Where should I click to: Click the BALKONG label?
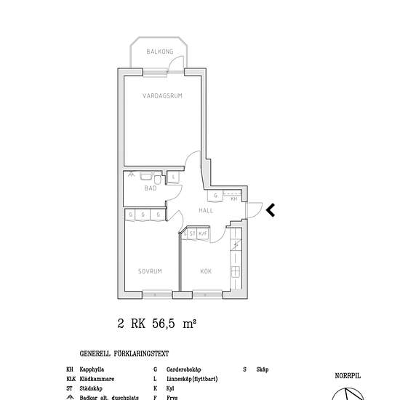(159, 52)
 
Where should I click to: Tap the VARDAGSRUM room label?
(162, 95)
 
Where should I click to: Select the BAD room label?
(150, 188)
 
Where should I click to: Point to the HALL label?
(206, 210)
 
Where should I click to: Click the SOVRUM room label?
(149, 271)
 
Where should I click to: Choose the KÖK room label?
(206, 271)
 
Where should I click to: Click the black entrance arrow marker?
(269, 210)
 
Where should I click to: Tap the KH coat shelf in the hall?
(233, 198)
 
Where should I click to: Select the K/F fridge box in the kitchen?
(202, 233)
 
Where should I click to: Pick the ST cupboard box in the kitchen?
(193, 233)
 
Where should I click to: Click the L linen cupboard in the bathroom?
(175, 177)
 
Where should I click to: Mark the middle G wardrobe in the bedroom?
(144, 215)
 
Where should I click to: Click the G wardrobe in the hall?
(217, 197)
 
